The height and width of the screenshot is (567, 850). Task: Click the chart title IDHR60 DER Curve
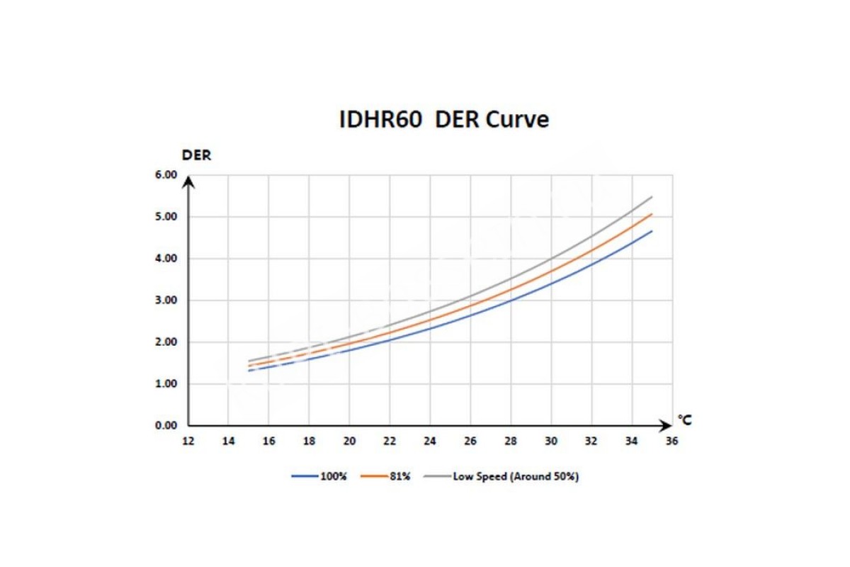pyautogui.click(x=444, y=120)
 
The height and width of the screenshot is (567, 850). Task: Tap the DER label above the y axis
pyautogui.click(x=197, y=155)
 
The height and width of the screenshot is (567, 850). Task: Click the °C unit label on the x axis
pyautogui.click(x=684, y=420)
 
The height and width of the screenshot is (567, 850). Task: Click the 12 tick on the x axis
pyautogui.click(x=188, y=441)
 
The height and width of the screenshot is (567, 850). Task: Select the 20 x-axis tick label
pyautogui.click(x=349, y=441)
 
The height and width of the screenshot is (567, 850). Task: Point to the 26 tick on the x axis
pyautogui.click(x=470, y=441)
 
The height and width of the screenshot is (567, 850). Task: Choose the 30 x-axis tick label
pyautogui.click(x=551, y=441)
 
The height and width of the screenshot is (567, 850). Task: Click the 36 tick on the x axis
pyautogui.click(x=672, y=441)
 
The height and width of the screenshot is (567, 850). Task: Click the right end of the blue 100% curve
pyautogui.click(x=652, y=231)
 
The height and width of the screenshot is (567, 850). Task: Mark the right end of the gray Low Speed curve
pyautogui.click(x=652, y=197)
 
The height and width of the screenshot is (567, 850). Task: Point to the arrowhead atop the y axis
pyautogui.click(x=188, y=182)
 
